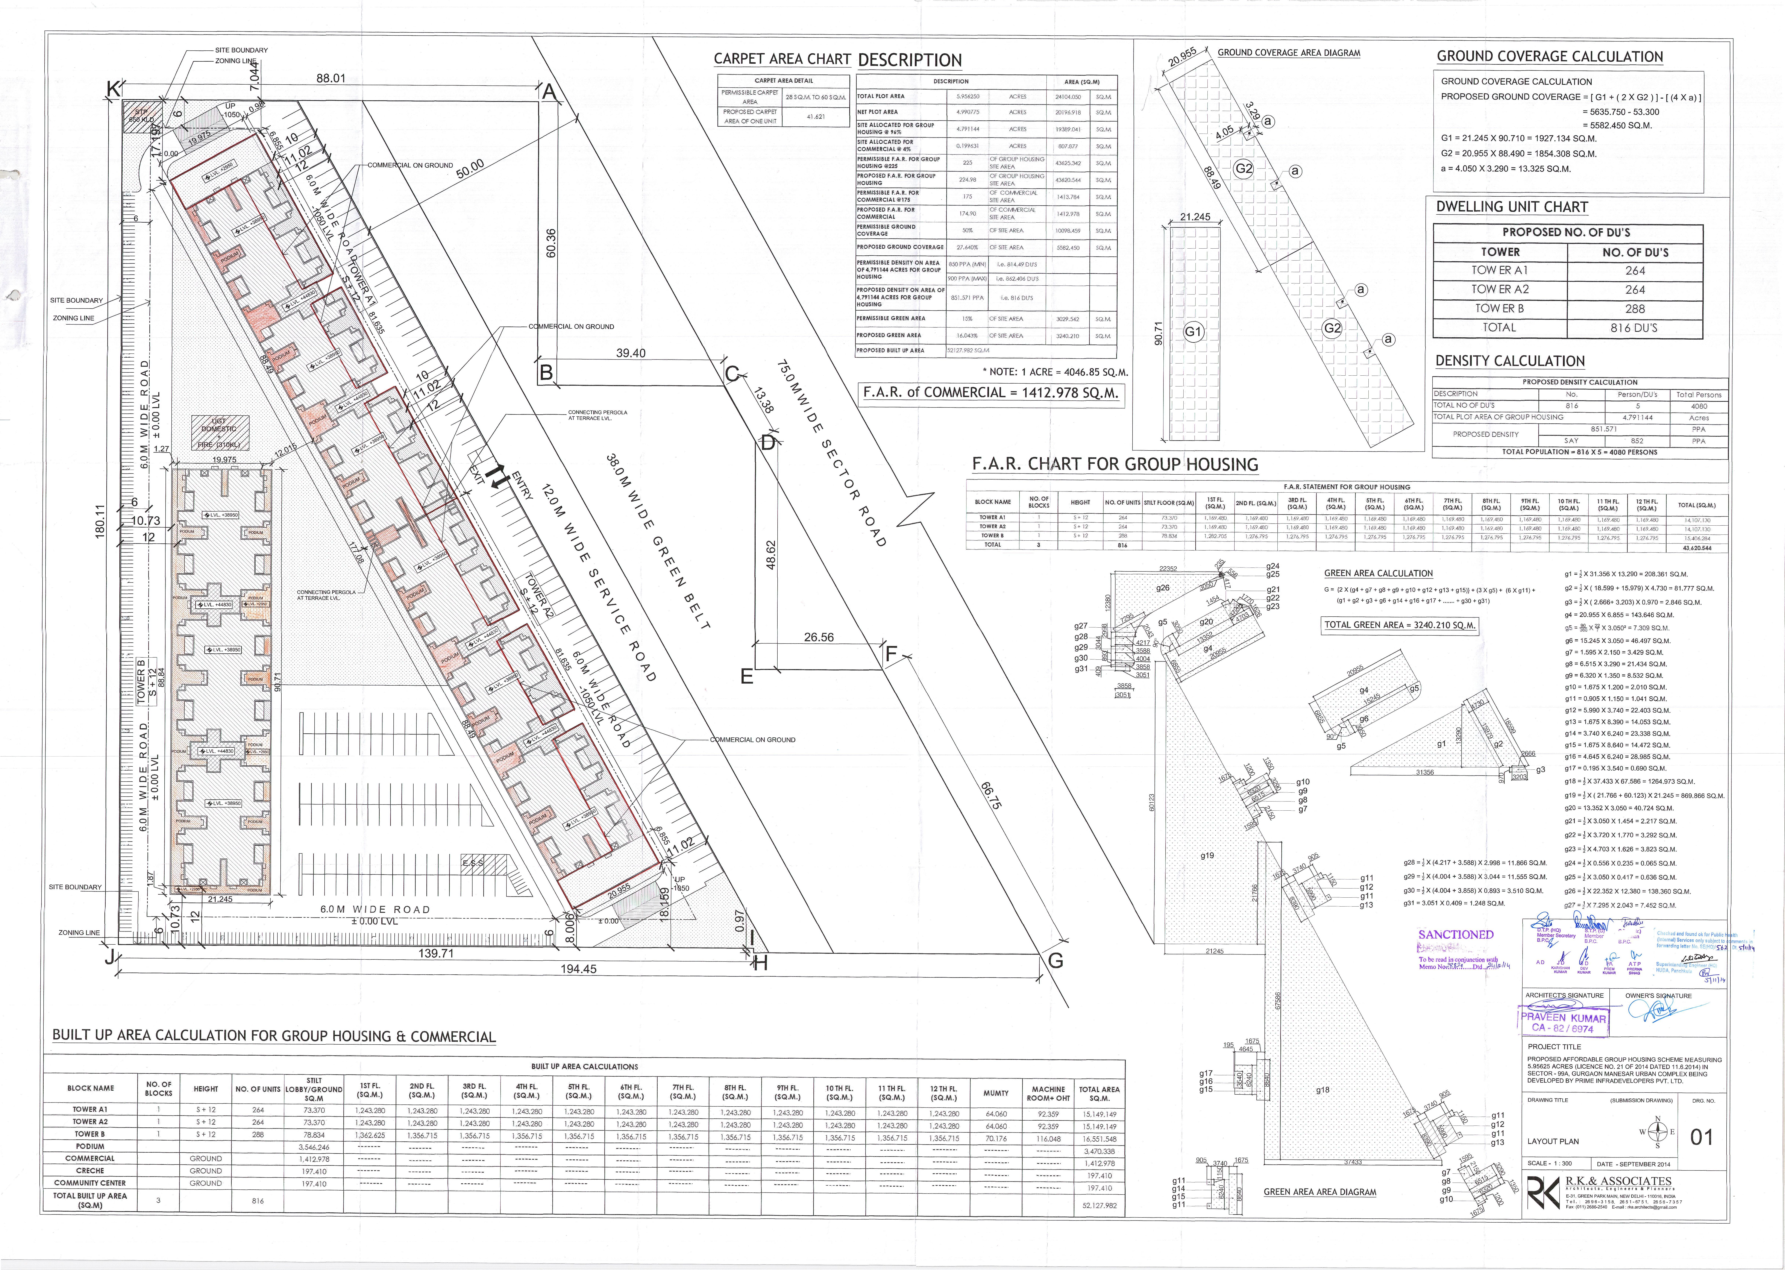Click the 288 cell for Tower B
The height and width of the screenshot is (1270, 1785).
point(1634,309)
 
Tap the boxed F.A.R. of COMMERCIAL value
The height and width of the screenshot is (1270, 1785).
point(990,392)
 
